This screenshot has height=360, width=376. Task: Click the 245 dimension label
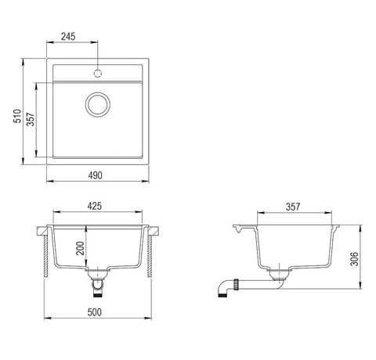click(x=68, y=37)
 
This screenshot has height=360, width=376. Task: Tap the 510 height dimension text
click(x=17, y=116)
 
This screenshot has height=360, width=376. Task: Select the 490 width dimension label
click(x=95, y=175)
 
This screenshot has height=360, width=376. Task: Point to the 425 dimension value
click(x=94, y=206)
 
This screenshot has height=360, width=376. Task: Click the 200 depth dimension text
click(x=80, y=248)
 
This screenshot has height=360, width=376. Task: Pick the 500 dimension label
click(x=94, y=312)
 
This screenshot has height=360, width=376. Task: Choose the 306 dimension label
click(x=354, y=259)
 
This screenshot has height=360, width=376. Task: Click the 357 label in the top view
click(x=31, y=119)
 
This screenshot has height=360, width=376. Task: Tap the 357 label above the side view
click(x=293, y=207)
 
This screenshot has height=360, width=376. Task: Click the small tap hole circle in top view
click(x=98, y=74)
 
